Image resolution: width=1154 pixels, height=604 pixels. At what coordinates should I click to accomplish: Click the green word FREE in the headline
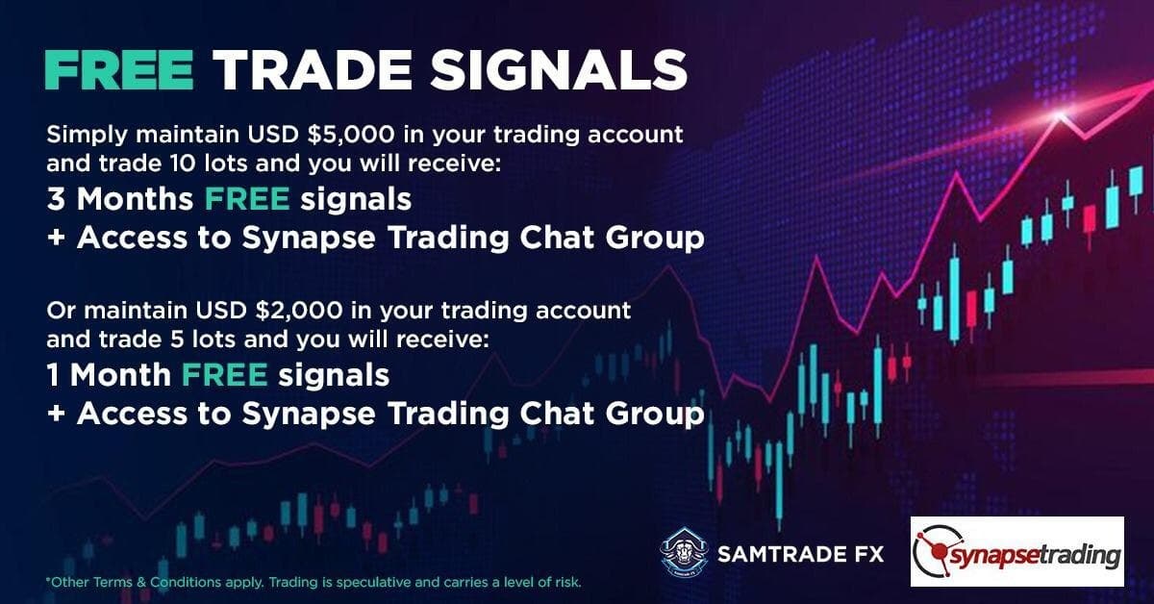click(119, 70)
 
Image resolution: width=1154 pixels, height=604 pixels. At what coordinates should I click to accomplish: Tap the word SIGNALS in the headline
click(559, 70)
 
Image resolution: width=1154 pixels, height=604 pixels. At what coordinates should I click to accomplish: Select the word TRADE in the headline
click(313, 70)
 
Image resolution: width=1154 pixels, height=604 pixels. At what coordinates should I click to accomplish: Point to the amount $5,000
click(350, 135)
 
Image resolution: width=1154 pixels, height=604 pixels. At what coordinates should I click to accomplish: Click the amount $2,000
click(299, 311)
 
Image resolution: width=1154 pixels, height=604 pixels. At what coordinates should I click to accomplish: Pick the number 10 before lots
click(182, 164)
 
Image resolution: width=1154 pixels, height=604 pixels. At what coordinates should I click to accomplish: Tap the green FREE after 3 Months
click(247, 199)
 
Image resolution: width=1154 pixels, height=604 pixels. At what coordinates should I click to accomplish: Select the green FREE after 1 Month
click(225, 375)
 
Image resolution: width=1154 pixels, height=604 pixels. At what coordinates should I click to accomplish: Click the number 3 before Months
click(55, 199)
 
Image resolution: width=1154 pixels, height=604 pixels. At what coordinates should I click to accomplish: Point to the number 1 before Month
click(53, 375)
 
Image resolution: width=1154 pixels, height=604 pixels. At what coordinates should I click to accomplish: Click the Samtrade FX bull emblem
click(684, 552)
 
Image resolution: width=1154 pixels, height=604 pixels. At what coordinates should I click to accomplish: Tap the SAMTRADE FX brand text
click(800, 555)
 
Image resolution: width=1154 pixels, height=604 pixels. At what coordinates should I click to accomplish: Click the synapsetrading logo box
click(1017, 551)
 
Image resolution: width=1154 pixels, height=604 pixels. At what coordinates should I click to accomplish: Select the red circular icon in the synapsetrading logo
click(939, 553)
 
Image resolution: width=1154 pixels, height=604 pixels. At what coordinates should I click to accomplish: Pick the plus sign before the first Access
click(56, 239)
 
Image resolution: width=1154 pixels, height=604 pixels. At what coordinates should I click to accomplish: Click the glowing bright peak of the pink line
click(1059, 113)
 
